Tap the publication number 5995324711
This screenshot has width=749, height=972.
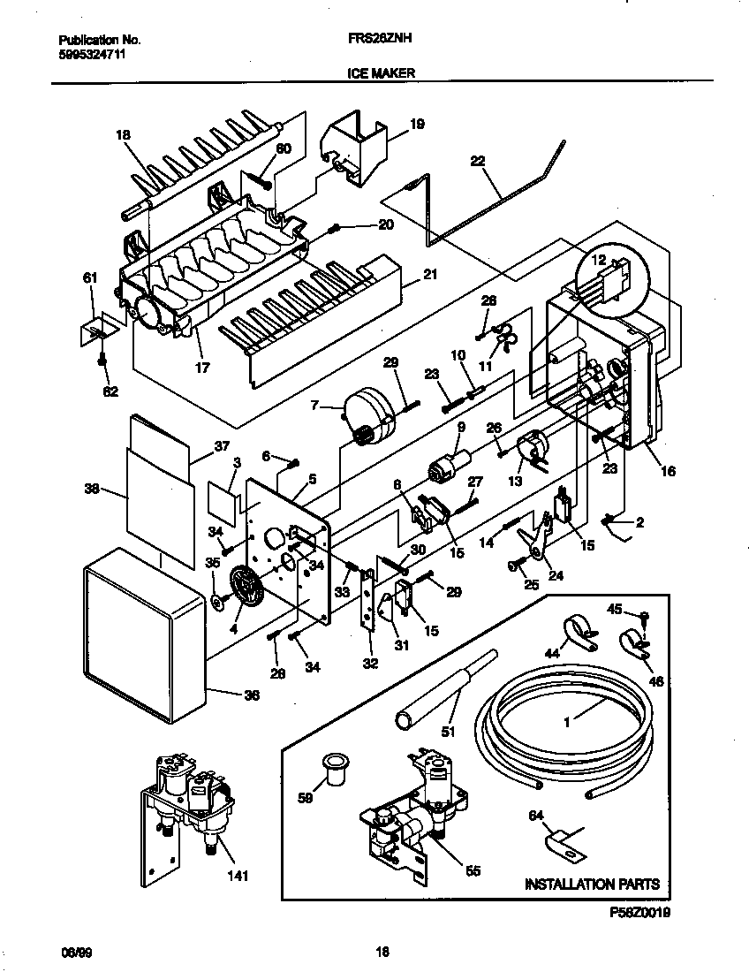pyautogui.click(x=91, y=54)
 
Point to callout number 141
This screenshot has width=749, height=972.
pyautogui.click(x=238, y=877)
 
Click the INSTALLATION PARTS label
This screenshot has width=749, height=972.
pyautogui.click(x=592, y=884)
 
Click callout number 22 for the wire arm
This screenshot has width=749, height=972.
pyautogui.click(x=478, y=161)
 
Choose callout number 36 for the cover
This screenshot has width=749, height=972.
pyautogui.click(x=252, y=695)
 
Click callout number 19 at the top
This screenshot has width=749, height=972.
pyautogui.click(x=418, y=125)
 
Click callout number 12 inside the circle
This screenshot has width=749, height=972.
pyautogui.click(x=599, y=261)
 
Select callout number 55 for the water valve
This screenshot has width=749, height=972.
pyautogui.click(x=473, y=871)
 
